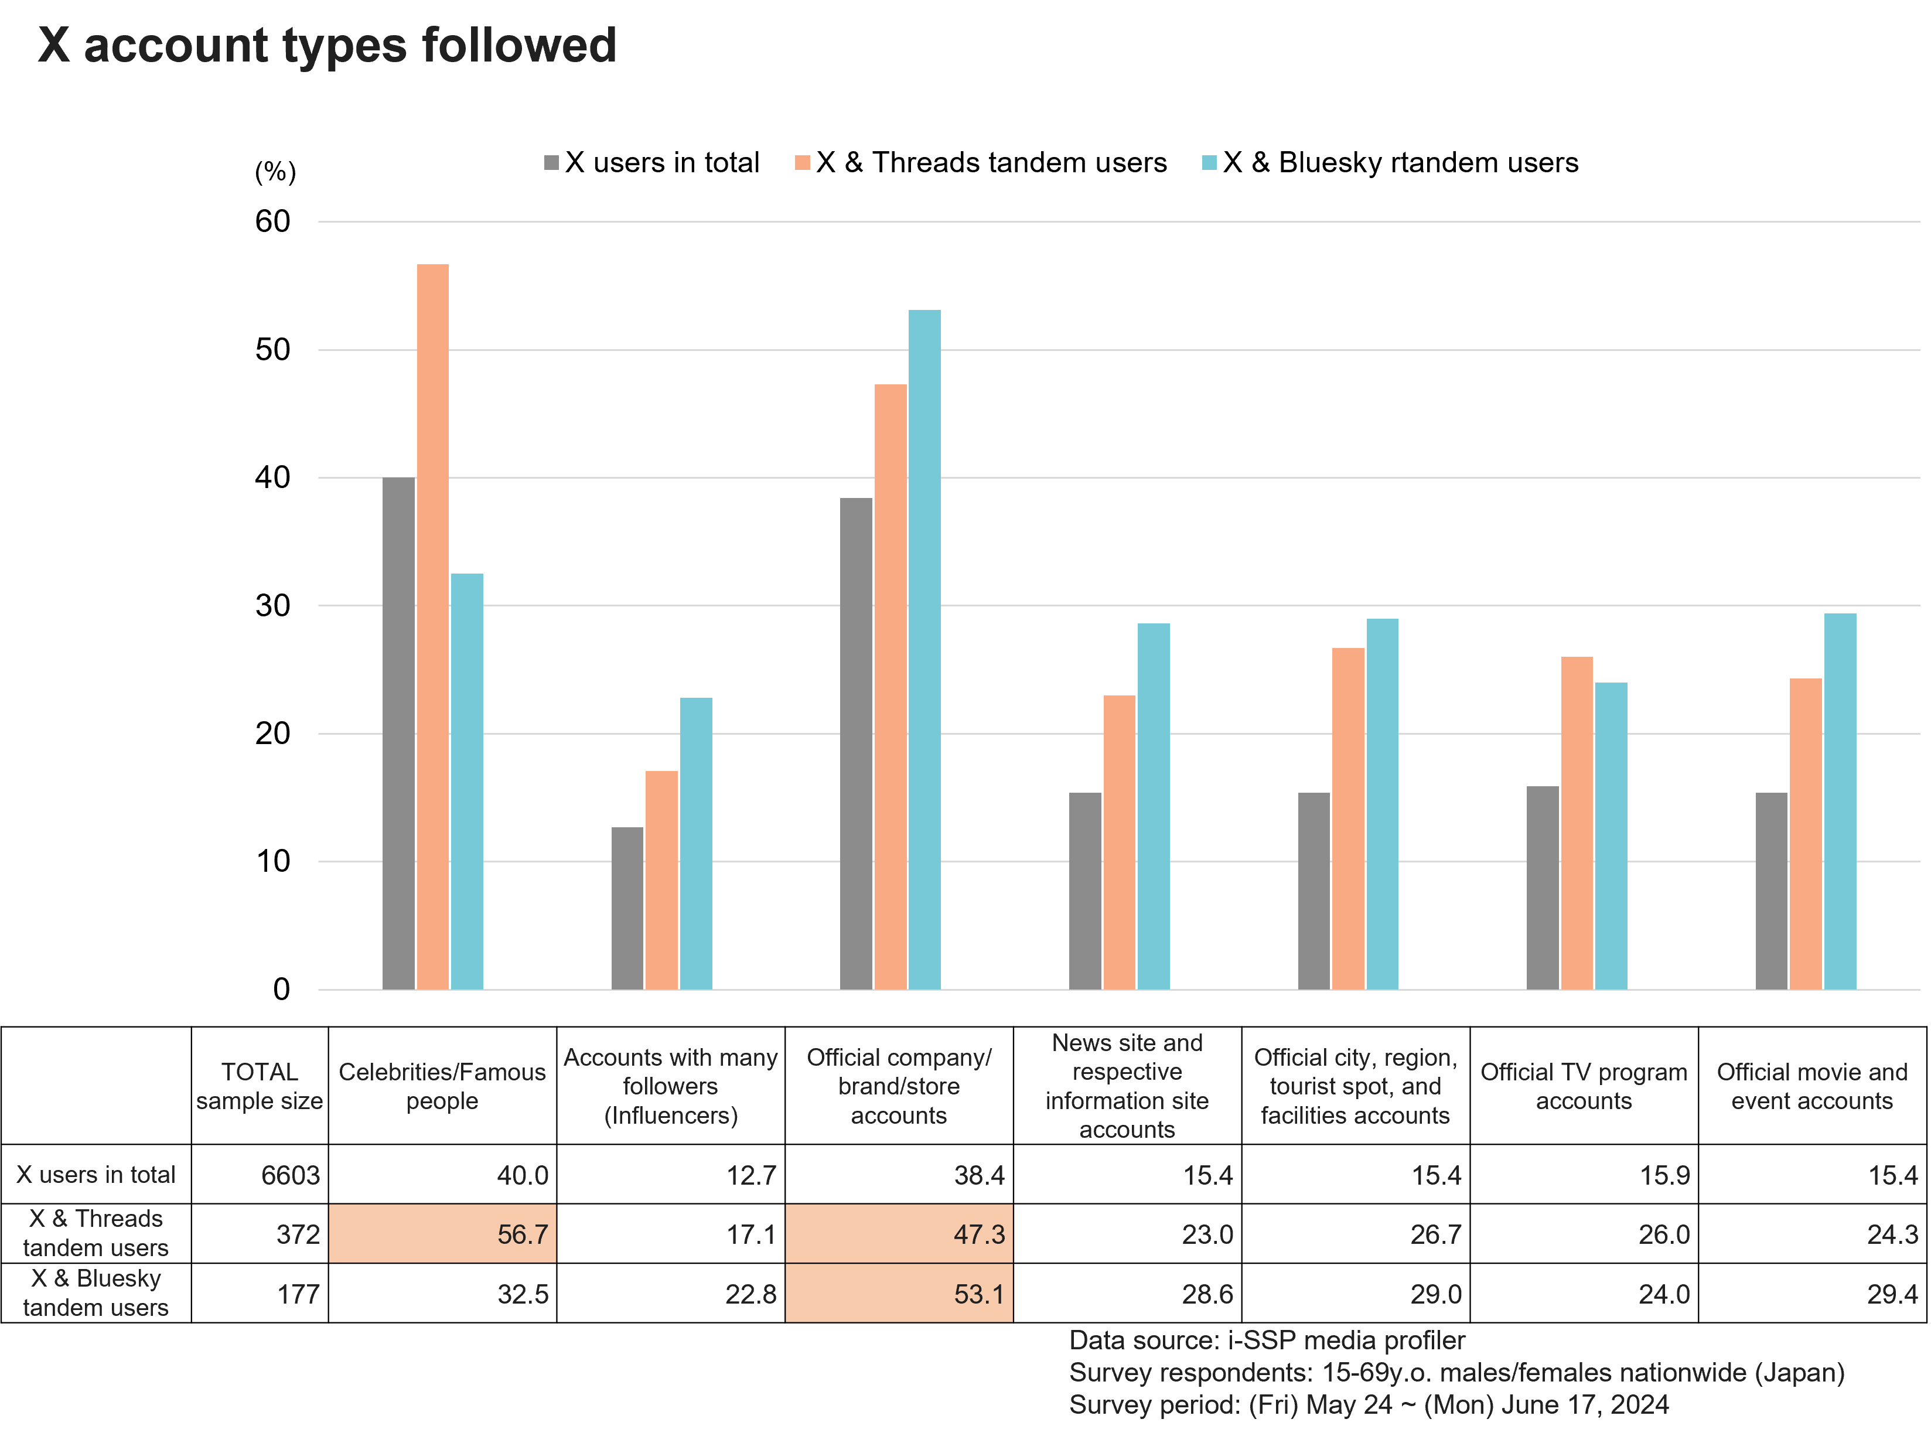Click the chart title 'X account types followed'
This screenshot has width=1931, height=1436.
tap(327, 45)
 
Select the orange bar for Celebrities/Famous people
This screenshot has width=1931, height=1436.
tap(433, 626)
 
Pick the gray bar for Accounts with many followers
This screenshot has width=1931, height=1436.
tap(627, 908)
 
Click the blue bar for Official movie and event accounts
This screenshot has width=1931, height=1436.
tap(1840, 800)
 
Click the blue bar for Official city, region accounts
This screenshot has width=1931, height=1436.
tap(1382, 803)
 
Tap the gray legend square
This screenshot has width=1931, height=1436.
tap(551, 162)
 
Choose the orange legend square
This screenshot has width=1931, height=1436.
tap(802, 162)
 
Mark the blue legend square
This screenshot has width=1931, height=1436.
tap(1209, 162)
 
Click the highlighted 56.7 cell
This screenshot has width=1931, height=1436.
tap(442, 1233)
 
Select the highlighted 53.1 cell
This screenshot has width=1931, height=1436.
tap(899, 1294)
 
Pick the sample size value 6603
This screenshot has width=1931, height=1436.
tap(290, 1175)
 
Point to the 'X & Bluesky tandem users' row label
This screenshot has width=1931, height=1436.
tap(95, 1292)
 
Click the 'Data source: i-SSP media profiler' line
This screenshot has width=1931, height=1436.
tap(1266, 1341)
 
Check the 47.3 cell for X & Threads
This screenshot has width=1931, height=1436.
tap(899, 1233)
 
